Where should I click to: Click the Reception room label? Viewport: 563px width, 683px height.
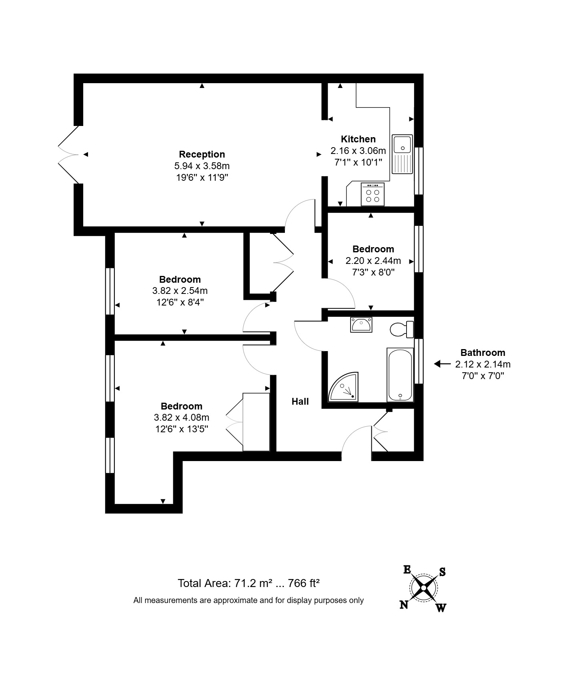202,154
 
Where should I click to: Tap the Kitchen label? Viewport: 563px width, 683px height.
358,139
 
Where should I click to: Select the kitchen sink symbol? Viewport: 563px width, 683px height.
402,154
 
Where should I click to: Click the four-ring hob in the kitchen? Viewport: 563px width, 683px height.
373,195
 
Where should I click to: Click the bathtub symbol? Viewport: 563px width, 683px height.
400,375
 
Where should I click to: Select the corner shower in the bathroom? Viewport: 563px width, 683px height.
344,387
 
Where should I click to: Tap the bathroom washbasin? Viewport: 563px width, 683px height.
361,324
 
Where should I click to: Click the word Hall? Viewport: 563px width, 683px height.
300,401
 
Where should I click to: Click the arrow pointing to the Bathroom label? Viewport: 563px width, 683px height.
442,364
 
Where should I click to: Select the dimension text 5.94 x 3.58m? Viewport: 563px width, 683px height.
202,166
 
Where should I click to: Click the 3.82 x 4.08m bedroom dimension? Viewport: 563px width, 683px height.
181,418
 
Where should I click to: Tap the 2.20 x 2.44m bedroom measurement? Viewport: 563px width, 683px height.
373,261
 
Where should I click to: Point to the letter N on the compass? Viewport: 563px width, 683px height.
404,605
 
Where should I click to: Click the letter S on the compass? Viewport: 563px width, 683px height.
442,572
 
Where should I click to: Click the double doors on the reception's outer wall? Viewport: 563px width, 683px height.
68,155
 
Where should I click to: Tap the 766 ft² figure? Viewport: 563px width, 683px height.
303,583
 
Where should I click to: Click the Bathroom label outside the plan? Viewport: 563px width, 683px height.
483,353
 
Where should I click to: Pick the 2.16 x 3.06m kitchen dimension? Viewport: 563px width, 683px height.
358,151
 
